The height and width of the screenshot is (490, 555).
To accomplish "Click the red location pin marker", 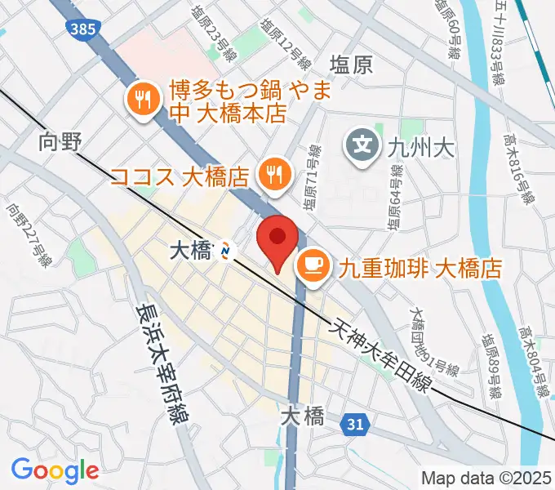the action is pos(277,241).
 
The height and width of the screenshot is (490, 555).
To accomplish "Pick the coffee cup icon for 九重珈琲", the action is pos(313,265).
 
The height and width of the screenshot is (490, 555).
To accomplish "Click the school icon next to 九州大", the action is pos(362,147).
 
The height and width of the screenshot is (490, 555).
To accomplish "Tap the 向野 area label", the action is pos(60,141).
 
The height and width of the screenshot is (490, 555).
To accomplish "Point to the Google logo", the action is pos(55,470).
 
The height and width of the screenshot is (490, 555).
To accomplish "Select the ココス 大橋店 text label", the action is pos(179,176).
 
